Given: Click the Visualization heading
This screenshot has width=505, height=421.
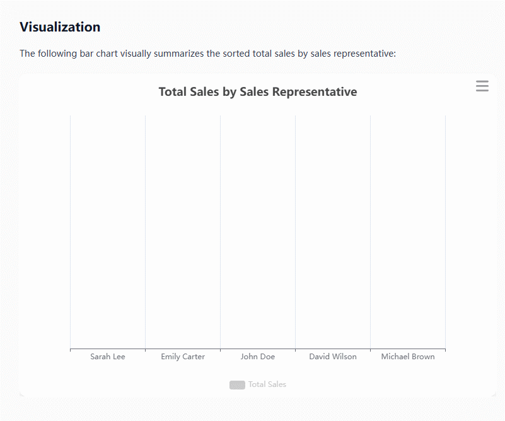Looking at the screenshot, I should (x=60, y=27).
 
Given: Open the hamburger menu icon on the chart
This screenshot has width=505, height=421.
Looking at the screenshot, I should (x=482, y=86).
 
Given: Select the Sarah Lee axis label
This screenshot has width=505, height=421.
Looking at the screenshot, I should (x=108, y=357).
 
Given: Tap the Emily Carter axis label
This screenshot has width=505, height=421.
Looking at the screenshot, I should (x=183, y=357).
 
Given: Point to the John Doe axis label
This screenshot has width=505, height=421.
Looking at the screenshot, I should (x=258, y=357).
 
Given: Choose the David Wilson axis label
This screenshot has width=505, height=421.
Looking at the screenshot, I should (x=333, y=357).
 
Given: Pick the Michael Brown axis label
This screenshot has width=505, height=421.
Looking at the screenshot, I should (x=408, y=357).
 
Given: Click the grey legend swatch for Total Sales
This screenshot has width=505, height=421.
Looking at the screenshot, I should (x=237, y=384).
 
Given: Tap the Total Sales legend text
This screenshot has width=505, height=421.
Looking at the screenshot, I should (x=267, y=384).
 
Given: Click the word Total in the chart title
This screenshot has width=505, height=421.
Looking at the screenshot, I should (x=173, y=92).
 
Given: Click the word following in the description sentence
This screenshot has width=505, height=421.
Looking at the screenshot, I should (x=57, y=54).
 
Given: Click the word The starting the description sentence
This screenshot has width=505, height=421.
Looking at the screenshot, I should (x=27, y=54).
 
